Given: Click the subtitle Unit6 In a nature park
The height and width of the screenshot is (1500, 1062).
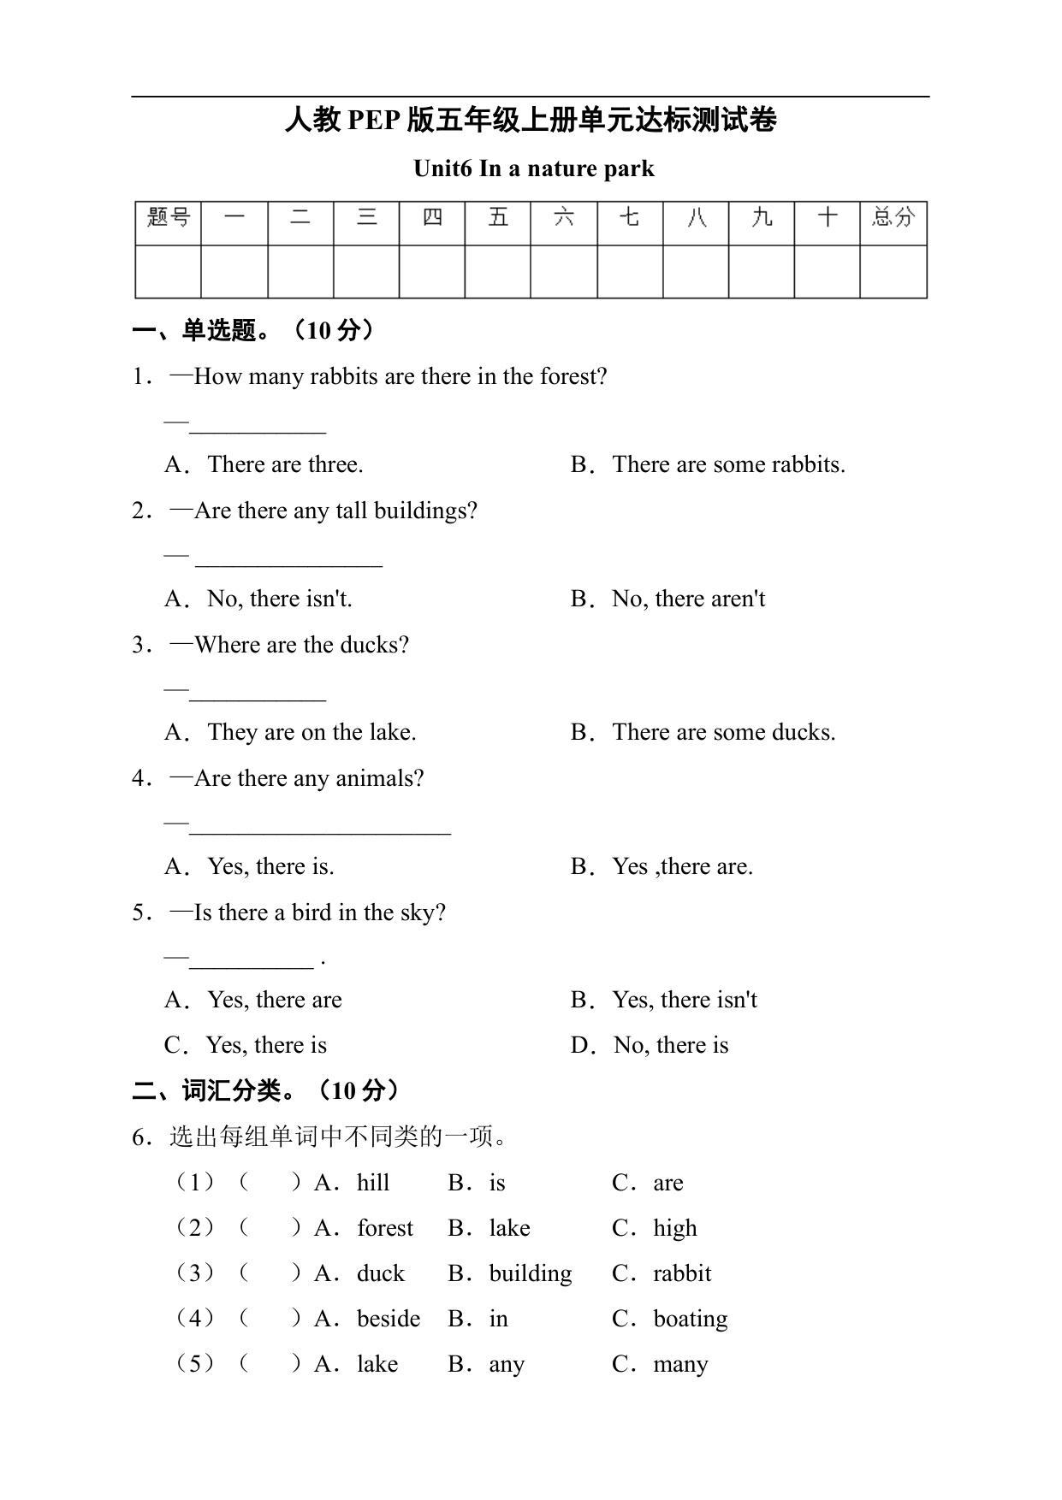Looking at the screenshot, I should [533, 168].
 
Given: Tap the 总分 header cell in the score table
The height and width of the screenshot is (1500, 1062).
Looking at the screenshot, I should [893, 218].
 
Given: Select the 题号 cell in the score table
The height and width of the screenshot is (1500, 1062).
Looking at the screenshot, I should [169, 218].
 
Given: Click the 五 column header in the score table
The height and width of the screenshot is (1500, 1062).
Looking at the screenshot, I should [498, 218].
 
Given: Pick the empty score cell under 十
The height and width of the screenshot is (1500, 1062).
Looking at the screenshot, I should [827, 272].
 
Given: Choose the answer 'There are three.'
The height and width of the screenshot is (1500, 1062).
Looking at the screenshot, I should [285, 464].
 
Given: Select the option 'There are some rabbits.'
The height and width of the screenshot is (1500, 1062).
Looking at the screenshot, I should [728, 464].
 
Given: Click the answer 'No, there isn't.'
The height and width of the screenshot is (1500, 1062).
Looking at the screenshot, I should [279, 599].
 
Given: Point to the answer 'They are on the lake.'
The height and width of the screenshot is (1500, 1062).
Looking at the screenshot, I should [311, 732].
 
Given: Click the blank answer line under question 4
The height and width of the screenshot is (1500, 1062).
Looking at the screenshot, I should [320, 830].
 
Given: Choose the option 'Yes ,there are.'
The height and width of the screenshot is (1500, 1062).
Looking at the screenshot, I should [682, 866].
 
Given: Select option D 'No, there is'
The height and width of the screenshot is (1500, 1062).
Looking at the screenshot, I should [671, 1045].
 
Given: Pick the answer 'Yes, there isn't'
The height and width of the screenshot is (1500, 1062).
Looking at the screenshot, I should [685, 1000].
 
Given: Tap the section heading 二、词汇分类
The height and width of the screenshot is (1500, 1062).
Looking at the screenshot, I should [217, 1091].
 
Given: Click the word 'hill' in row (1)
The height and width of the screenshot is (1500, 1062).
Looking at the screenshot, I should [373, 1183].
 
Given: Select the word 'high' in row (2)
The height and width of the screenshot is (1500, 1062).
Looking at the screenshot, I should [674, 1229].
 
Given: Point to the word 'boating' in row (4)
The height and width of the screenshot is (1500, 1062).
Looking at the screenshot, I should [690, 1320].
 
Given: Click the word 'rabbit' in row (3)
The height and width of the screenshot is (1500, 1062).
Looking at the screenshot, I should [682, 1273].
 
